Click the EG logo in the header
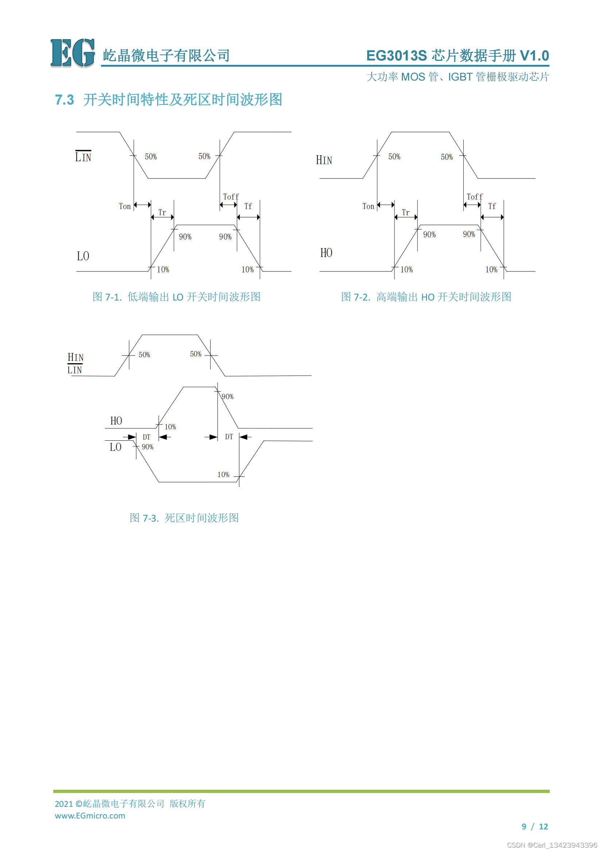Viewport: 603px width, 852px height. point(73,53)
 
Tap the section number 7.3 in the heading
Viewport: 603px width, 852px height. point(64,100)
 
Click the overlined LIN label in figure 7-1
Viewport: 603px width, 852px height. point(83,157)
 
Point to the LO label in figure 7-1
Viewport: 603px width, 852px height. point(83,256)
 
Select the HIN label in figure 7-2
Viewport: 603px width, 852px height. point(324,160)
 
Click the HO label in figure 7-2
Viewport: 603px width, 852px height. point(326,253)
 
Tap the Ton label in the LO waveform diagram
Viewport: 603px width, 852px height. point(125,206)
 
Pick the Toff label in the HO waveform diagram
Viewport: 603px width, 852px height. point(475,197)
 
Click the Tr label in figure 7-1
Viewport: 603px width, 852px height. point(162,212)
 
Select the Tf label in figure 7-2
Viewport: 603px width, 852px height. point(492,206)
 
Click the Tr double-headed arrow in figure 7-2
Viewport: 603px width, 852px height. point(406,217)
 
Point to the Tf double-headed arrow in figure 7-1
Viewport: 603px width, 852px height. point(248,217)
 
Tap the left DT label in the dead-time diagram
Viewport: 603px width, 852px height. point(147,437)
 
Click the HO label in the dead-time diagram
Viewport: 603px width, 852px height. point(116,421)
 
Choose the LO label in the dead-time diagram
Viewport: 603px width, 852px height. point(116,447)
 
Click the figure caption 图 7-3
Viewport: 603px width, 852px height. point(184,518)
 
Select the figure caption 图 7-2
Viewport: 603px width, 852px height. point(426,297)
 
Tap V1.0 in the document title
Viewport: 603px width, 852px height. point(534,56)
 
